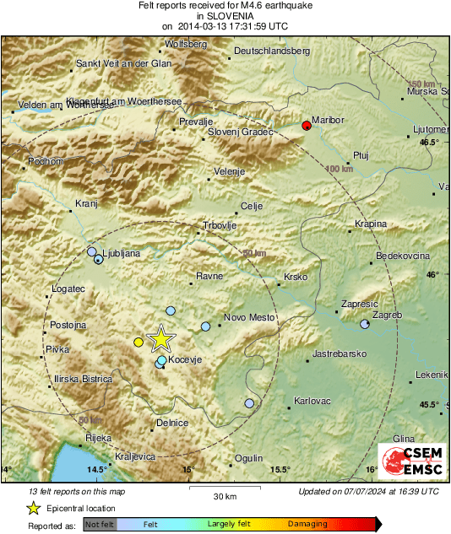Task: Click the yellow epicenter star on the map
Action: click(x=160, y=339)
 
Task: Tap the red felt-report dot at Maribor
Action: click(x=307, y=127)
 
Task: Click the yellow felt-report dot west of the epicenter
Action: click(x=139, y=342)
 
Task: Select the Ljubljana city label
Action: click(x=122, y=253)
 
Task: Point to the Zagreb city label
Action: click(x=386, y=315)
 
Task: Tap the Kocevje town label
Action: click(x=187, y=359)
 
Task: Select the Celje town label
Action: click(x=253, y=206)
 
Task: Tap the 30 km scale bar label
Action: click(x=224, y=495)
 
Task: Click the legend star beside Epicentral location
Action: click(x=34, y=508)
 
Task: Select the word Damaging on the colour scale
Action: click(x=307, y=524)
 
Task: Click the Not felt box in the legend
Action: click(x=100, y=525)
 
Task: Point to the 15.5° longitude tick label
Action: click(x=280, y=470)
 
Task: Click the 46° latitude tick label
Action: click(x=432, y=274)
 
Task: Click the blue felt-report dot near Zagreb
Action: click(x=365, y=325)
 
